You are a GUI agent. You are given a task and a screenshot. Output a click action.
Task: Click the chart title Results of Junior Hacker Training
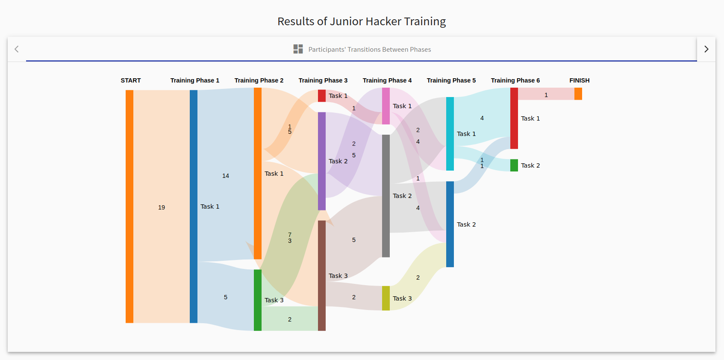[x=361, y=21]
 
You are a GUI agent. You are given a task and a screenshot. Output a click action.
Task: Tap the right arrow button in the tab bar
[x=706, y=49]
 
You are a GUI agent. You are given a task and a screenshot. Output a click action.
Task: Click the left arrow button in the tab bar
[x=17, y=49]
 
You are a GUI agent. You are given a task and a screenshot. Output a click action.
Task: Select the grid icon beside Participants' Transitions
[x=298, y=49]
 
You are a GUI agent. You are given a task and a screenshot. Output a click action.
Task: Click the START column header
[x=131, y=80]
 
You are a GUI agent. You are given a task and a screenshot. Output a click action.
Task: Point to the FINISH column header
[x=579, y=80]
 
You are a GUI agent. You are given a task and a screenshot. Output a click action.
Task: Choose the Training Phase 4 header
[x=387, y=80]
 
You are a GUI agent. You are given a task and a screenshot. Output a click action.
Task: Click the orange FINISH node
[x=578, y=94]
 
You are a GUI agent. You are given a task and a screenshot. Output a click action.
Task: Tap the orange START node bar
[x=129, y=207]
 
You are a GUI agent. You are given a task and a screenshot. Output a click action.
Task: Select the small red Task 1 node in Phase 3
[x=321, y=96]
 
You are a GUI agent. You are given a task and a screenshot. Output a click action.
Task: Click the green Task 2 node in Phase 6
[x=514, y=165]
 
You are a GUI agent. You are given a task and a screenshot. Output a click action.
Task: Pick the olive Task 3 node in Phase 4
[x=386, y=298]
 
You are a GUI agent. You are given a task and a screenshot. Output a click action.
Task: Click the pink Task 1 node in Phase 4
[x=386, y=106]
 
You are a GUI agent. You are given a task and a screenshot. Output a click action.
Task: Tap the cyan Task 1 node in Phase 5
[x=450, y=134]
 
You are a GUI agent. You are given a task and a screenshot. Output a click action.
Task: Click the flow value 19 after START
[x=162, y=208]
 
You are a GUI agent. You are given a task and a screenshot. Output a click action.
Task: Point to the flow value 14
[x=226, y=176]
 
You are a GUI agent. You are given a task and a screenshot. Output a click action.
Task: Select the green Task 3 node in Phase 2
[x=258, y=300]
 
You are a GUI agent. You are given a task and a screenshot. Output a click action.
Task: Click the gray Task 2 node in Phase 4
[x=386, y=196]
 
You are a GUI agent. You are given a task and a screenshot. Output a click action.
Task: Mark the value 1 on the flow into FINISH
[x=546, y=95]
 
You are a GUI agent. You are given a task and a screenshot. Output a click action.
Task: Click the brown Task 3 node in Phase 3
[x=321, y=276]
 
